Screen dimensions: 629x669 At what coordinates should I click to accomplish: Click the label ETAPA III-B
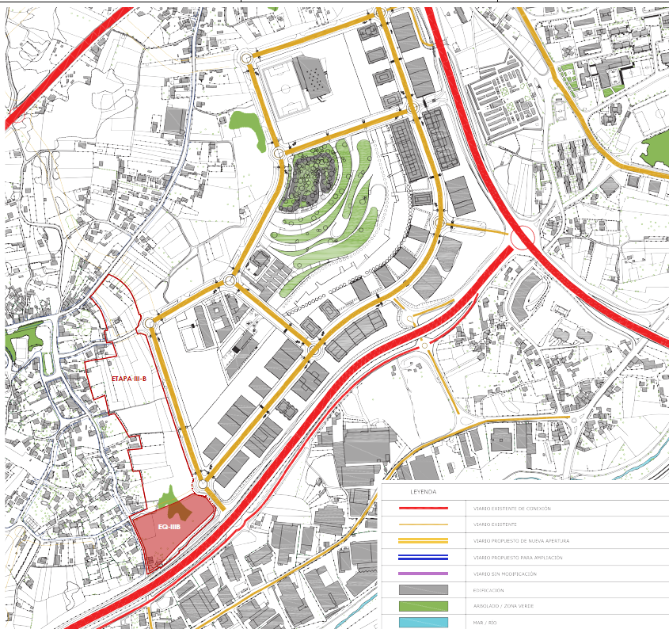click(129, 379)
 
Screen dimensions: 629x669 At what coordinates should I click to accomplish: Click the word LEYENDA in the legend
click(424, 492)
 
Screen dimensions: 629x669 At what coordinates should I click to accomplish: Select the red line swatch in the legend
click(424, 509)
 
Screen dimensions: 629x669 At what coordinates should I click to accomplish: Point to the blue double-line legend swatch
click(424, 558)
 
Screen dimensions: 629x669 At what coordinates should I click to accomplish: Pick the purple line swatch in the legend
click(424, 574)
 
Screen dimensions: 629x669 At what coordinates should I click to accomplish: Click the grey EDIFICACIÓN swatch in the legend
click(424, 590)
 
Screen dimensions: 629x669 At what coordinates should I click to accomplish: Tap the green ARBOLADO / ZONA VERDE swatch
click(424, 606)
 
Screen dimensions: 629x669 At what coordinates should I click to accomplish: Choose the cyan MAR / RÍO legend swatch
click(424, 623)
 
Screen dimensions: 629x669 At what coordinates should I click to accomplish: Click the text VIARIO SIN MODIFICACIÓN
click(507, 574)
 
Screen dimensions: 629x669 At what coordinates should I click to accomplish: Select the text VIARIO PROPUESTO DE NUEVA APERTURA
click(521, 541)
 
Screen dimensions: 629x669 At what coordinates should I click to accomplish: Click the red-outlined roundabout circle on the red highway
click(523, 238)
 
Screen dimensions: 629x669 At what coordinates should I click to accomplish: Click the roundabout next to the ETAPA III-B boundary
click(150, 323)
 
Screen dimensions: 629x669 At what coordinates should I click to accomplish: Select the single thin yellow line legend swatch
click(424, 524)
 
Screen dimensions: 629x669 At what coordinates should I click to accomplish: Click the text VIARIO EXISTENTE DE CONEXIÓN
click(511, 509)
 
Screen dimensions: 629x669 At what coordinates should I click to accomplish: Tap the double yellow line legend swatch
click(424, 541)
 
